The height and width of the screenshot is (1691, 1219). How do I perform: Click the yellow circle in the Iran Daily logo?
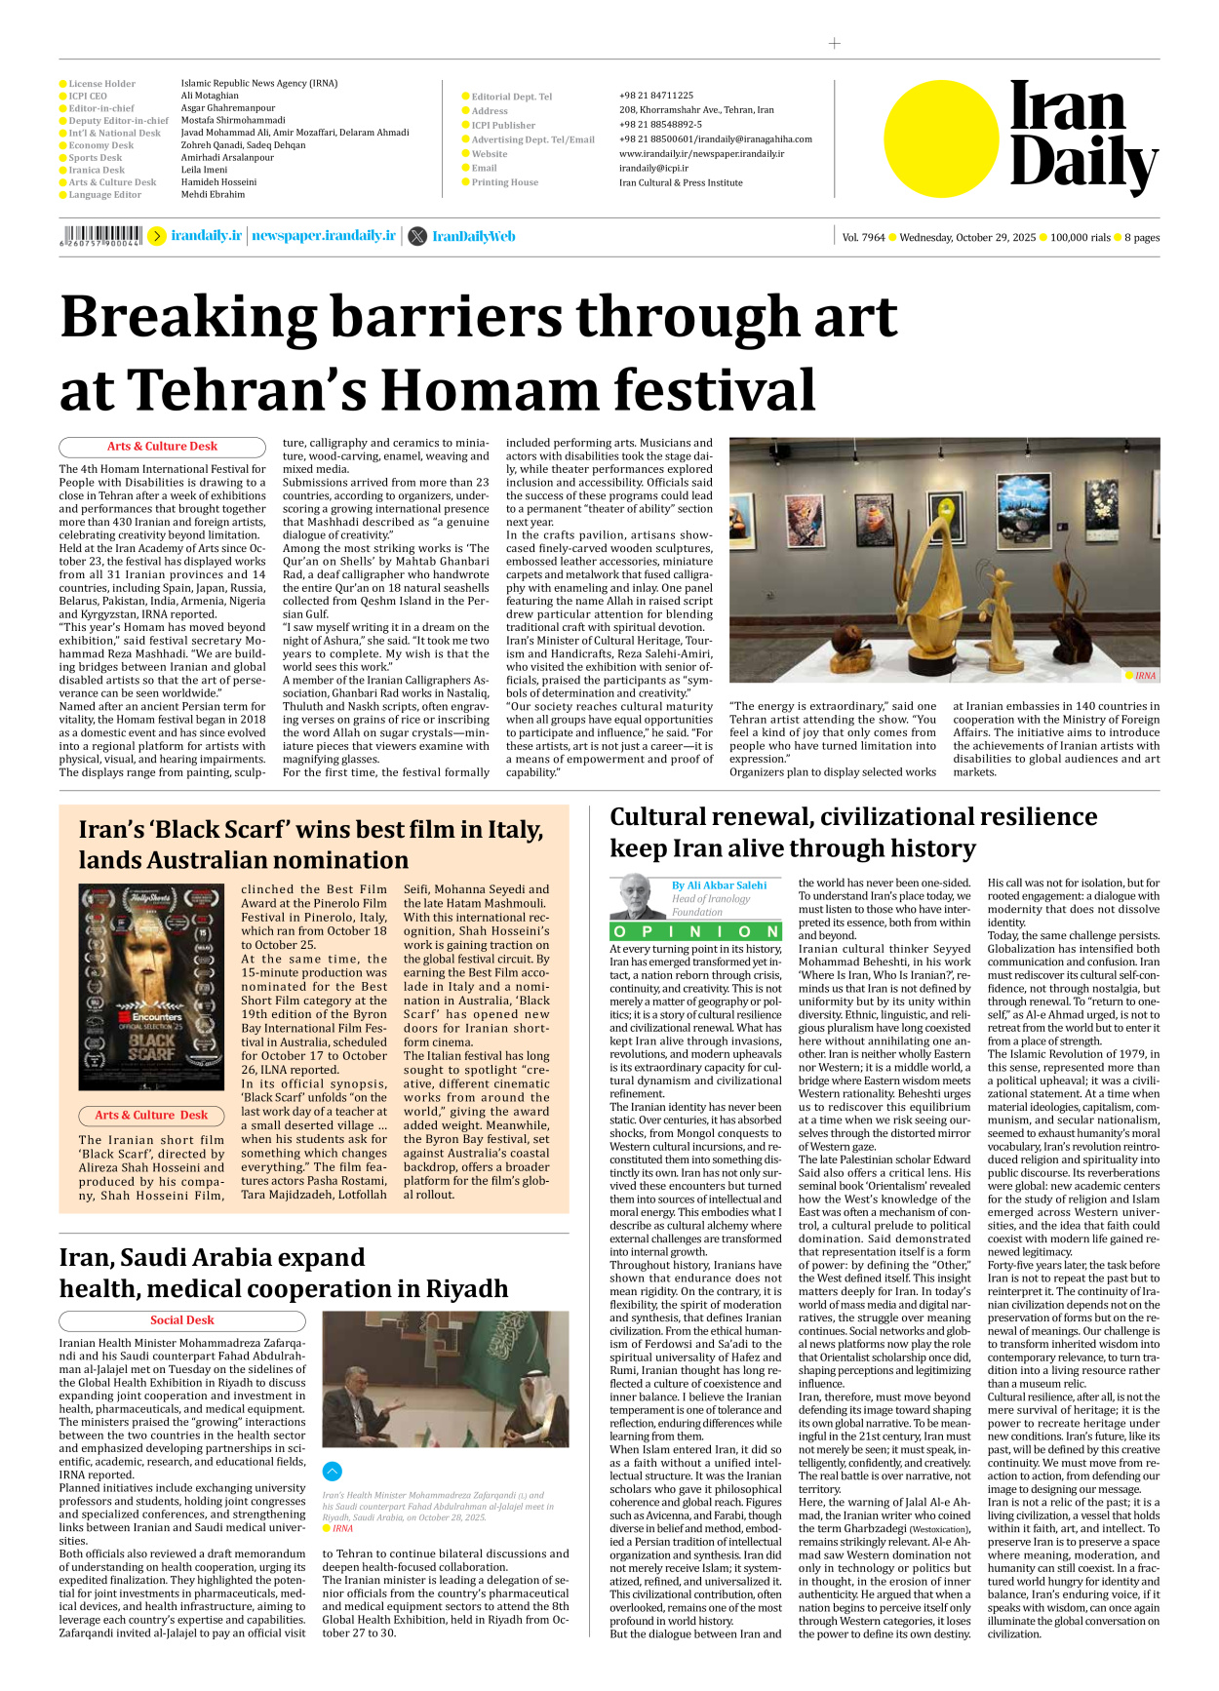(941, 138)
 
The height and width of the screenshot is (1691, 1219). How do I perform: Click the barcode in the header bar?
(101, 235)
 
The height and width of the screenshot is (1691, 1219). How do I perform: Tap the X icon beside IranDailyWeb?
(417, 236)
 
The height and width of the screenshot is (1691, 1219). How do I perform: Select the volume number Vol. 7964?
(863, 237)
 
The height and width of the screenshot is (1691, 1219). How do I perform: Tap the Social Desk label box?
(182, 1320)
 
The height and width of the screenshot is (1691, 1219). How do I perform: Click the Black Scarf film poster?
(151, 987)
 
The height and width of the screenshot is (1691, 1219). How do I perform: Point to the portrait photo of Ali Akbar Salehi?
(637, 896)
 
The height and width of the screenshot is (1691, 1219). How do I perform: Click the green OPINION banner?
(695, 931)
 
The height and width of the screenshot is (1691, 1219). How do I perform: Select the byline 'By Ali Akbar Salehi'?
(719, 885)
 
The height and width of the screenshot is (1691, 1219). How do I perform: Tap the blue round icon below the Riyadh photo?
(333, 1472)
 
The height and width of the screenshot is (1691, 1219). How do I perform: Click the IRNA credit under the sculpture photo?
(1145, 675)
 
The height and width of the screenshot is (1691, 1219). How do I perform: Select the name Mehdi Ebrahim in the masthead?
(213, 194)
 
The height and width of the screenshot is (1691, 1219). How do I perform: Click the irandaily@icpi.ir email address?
(653, 168)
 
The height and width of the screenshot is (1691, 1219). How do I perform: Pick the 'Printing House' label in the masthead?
(504, 182)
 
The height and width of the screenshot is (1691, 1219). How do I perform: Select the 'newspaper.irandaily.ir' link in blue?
(324, 236)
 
